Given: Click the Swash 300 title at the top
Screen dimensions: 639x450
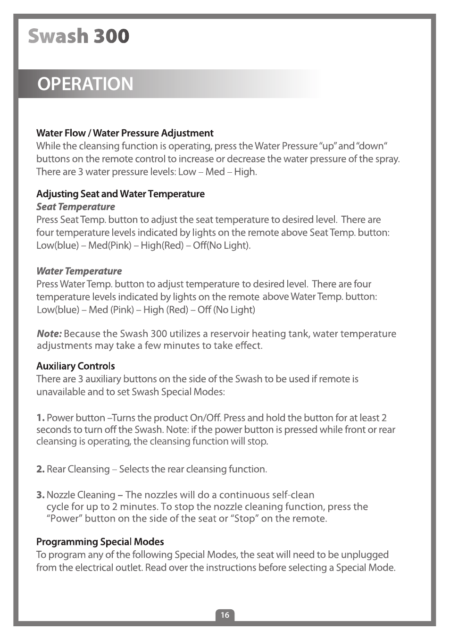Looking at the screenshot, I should (x=78, y=36).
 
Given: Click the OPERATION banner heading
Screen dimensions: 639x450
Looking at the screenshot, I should (x=85, y=84).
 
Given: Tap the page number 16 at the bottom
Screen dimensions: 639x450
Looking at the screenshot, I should (x=225, y=614).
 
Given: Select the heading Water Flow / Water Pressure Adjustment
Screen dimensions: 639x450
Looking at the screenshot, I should (x=125, y=133).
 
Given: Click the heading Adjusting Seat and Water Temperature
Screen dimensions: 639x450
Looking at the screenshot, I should (x=120, y=194).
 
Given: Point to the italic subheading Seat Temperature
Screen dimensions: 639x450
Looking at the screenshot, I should (x=75, y=207).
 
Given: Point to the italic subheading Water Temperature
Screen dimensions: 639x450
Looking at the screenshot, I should (x=79, y=271).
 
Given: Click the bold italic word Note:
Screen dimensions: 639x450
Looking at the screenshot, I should (x=49, y=334).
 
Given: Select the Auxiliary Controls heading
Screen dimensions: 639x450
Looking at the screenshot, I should (x=75, y=366).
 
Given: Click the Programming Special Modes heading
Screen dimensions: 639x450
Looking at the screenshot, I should (x=100, y=542).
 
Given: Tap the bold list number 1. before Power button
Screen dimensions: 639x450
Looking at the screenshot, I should (x=41, y=418).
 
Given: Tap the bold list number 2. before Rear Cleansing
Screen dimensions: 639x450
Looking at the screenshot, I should (x=41, y=469).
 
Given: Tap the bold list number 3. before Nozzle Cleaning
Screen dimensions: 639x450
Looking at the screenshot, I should (x=41, y=495).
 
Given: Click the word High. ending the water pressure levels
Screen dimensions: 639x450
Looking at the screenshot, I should (x=245, y=172).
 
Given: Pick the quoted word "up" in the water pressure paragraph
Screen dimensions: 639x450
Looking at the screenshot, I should (x=327, y=146).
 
